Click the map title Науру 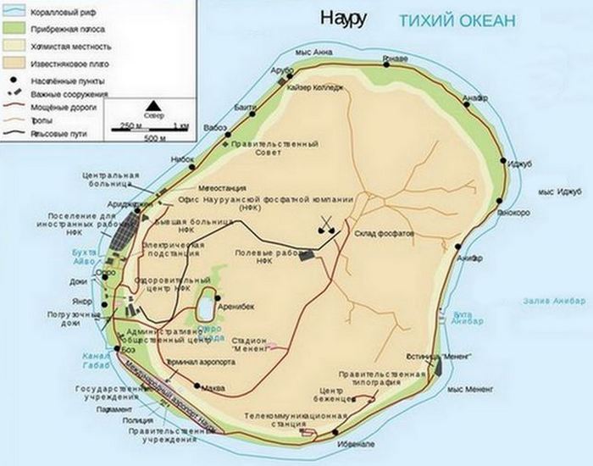[x=342, y=18]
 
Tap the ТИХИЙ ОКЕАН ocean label [x=456, y=21]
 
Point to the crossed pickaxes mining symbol [x=326, y=225]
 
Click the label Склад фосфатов [x=384, y=232]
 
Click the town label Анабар [x=477, y=98]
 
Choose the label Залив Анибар [x=552, y=301]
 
